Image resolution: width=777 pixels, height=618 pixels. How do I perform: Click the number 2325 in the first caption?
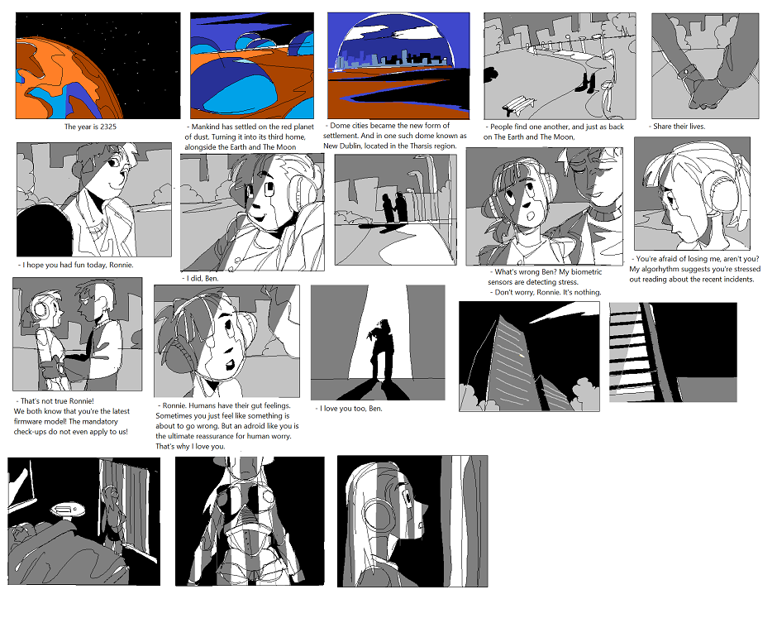108,127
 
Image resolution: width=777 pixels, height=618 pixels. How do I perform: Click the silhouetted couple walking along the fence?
394,208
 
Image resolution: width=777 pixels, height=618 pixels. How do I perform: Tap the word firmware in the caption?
29,422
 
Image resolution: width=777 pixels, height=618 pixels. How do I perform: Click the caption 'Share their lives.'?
677,127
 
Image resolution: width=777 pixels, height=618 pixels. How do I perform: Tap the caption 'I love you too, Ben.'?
349,409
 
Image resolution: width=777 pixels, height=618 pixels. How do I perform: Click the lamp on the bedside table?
67,511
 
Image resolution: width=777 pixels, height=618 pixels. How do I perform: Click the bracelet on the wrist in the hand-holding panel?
685,71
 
